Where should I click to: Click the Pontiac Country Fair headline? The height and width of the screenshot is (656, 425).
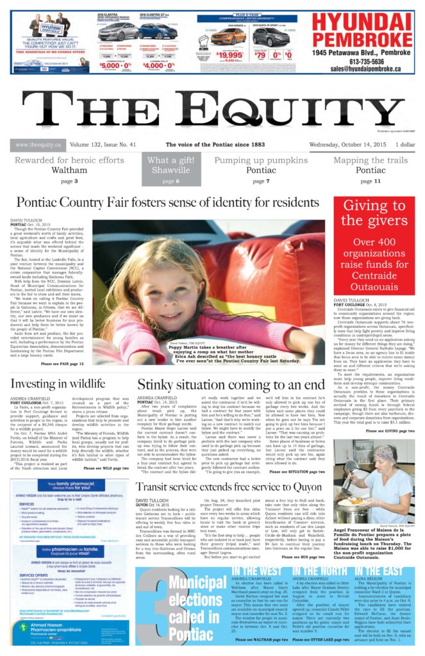164,203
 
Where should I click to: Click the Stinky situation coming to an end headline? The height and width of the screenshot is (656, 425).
231,384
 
